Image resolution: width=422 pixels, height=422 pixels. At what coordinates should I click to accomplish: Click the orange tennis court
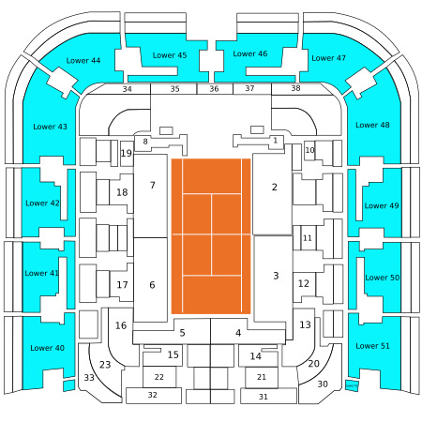(211, 236)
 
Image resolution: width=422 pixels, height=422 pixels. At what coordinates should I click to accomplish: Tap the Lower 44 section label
(83, 61)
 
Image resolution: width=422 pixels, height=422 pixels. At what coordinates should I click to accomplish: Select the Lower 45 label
(170, 55)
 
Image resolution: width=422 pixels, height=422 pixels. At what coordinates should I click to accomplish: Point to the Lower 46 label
(250, 53)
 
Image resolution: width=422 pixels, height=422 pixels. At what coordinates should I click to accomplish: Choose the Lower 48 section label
(372, 125)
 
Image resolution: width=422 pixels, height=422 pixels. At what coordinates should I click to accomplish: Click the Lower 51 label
(372, 346)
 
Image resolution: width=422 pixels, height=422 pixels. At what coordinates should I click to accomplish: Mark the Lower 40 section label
(47, 348)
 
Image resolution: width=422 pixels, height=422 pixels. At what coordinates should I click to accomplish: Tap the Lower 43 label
(50, 127)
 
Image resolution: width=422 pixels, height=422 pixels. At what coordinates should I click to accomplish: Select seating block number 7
(150, 196)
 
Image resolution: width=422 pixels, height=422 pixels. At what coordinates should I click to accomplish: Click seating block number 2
(272, 194)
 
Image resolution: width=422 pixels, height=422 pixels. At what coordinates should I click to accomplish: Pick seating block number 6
(150, 279)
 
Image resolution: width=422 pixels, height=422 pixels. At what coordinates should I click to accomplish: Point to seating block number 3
(274, 279)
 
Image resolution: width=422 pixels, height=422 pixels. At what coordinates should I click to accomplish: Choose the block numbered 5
(182, 333)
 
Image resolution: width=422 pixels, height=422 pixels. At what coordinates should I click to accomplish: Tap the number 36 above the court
(214, 89)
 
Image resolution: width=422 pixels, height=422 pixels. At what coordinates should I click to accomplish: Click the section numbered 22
(159, 377)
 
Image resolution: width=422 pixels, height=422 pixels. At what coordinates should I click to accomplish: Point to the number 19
(127, 153)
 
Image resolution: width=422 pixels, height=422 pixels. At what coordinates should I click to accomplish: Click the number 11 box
(308, 238)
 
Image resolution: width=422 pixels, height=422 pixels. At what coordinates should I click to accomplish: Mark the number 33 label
(89, 378)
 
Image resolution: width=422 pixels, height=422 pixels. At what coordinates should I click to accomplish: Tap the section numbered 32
(154, 396)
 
